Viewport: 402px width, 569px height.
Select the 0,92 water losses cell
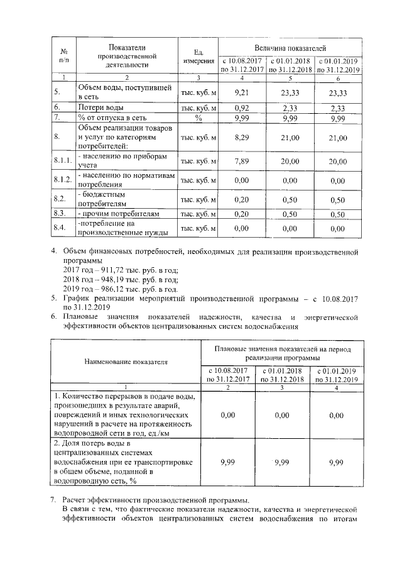click(x=242, y=108)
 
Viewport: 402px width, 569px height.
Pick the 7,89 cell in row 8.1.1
click(x=242, y=161)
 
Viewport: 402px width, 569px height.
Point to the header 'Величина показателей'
click(x=290, y=48)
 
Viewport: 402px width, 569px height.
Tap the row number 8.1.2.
click(x=63, y=180)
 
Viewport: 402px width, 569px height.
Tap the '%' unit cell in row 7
click(x=198, y=117)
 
